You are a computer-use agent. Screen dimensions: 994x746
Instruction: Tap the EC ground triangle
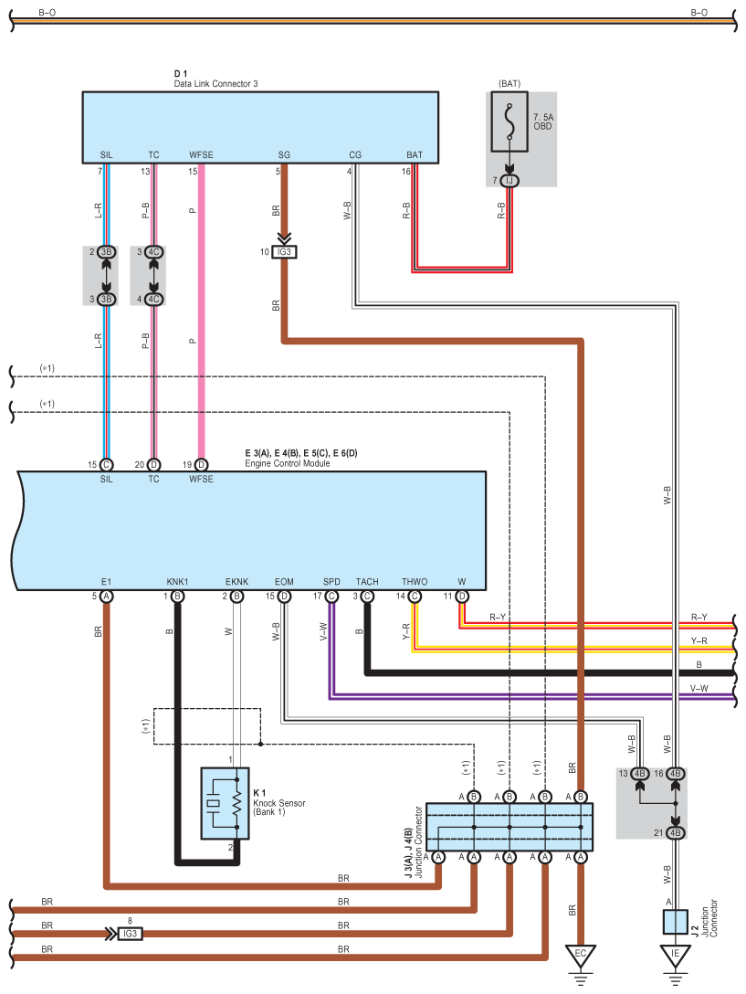click(x=580, y=957)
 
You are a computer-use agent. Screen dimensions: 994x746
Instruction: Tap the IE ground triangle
click(x=676, y=957)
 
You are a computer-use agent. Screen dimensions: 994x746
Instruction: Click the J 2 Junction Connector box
click(x=676, y=921)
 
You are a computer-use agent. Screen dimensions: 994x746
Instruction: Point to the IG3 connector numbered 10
click(x=286, y=251)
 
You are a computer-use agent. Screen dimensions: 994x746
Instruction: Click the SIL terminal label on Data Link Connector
click(x=106, y=155)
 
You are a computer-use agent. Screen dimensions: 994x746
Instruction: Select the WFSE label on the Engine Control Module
click(x=201, y=479)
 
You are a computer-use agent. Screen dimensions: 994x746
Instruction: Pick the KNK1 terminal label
click(x=177, y=581)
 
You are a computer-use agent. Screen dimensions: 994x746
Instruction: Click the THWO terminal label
click(x=415, y=581)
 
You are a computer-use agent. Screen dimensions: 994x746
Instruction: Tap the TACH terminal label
click(x=367, y=581)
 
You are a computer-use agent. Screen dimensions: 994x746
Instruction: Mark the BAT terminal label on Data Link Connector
click(x=415, y=155)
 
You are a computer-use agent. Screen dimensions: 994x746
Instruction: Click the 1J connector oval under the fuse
click(x=510, y=181)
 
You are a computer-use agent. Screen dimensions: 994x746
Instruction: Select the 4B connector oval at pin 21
click(x=676, y=832)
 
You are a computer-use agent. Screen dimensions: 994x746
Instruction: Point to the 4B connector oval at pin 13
click(x=640, y=774)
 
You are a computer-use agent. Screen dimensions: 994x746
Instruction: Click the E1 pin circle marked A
click(x=106, y=597)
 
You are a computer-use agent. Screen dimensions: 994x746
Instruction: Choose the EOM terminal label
click(x=284, y=581)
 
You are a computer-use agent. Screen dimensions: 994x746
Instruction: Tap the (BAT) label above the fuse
click(x=510, y=84)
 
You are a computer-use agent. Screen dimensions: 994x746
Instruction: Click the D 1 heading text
click(x=180, y=73)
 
